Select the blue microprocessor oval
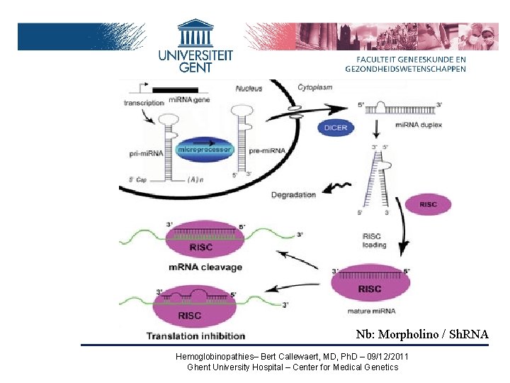coord(205,150)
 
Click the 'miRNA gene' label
coord(190,99)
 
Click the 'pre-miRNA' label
coord(267,151)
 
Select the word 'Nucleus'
coord(249,89)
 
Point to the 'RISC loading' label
coord(373,240)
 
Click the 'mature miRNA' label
coord(371,310)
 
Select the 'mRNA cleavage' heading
coord(205,267)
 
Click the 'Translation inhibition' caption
coord(195,335)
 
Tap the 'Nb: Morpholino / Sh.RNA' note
coord(421,334)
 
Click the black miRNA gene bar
coord(175,90)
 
